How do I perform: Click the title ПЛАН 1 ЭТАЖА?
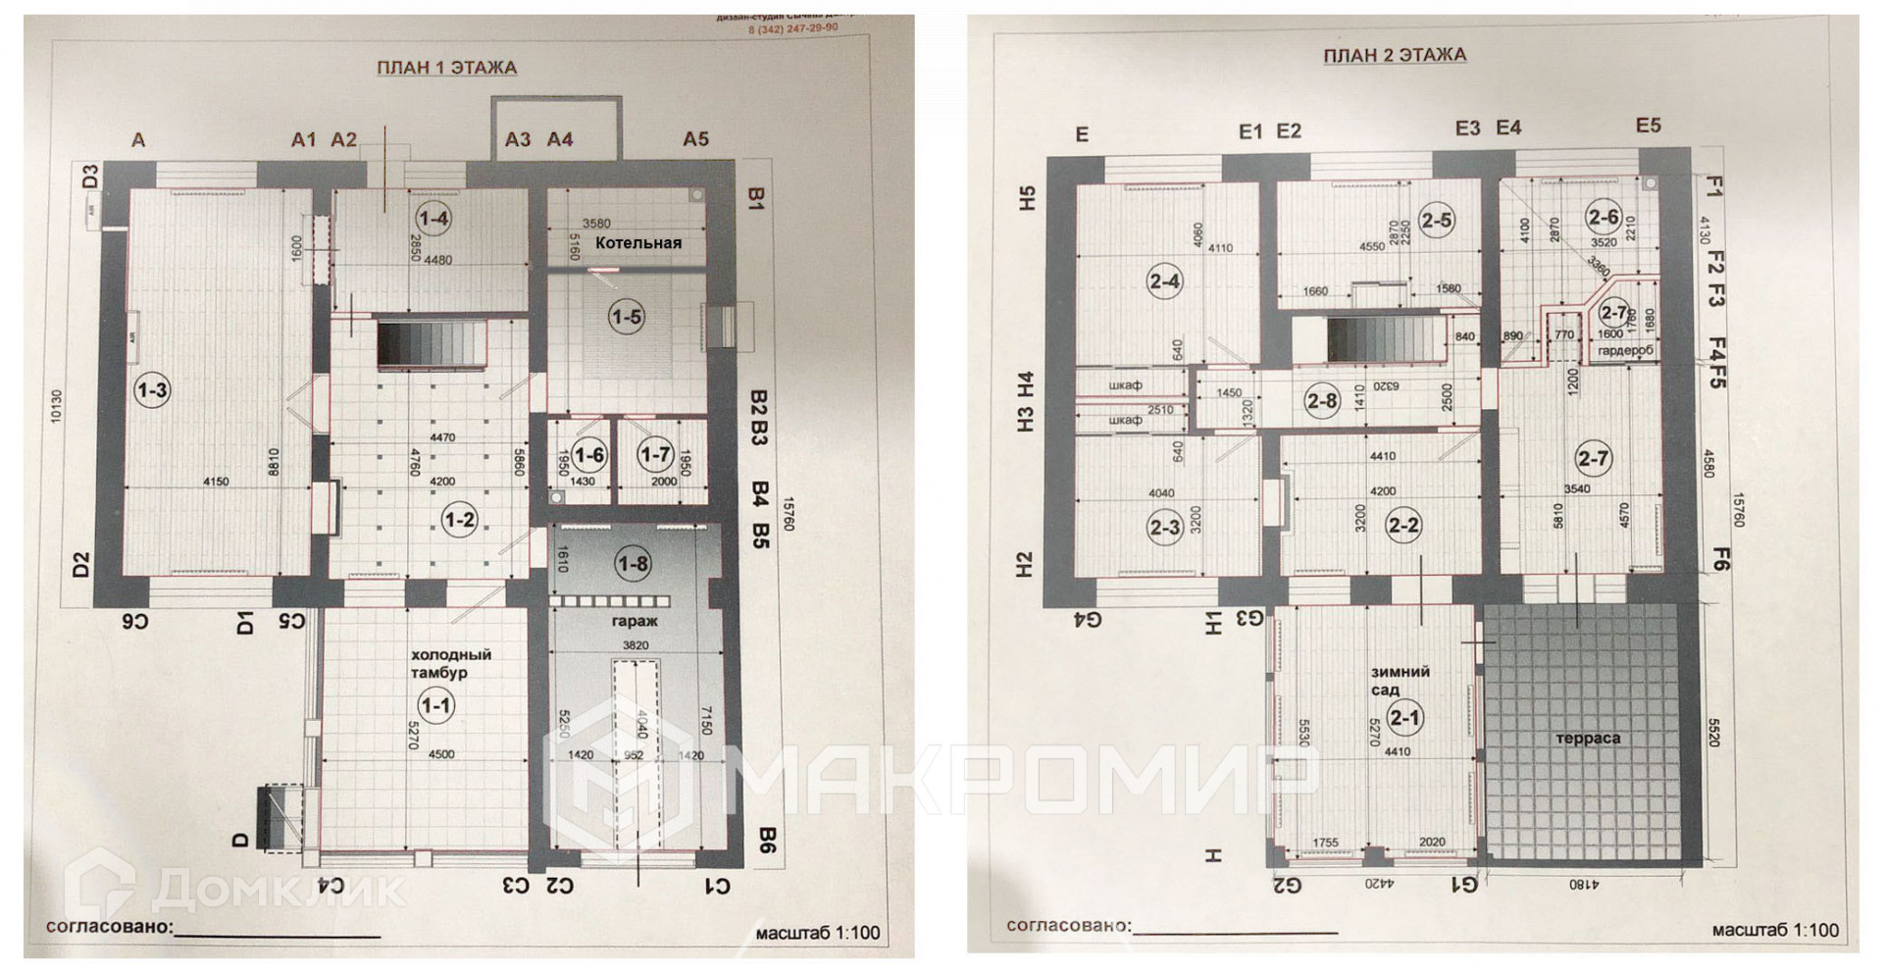pyautogui.click(x=447, y=68)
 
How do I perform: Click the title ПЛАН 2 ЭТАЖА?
pyautogui.click(x=1395, y=55)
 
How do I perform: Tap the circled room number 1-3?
pyautogui.click(x=152, y=391)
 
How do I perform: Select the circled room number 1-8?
pyautogui.click(x=633, y=563)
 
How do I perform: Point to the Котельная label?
pyautogui.click(x=637, y=242)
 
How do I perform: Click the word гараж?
pyautogui.click(x=635, y=621)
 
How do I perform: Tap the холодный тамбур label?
pyautogui.click(x=450, y=663)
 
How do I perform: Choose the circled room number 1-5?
pyautogui.click(x=626, y=317)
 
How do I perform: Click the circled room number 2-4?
pyautogui.click(x=1164, y=282)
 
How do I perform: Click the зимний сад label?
pyautogui.click(x=1400, y=681)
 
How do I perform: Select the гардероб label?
pyautogui.click(x=1625, y=350)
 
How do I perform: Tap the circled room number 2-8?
pyautogui.click(x=1321, y=400)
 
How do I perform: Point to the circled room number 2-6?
pyautogui.click(x=1603, y=217)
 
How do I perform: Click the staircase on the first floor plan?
pyautogui.click(x=432, y=344)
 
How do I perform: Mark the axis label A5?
pyautogui.click(x=695, y=139)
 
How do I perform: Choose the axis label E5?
pyautogui.click(x=1648, y=125)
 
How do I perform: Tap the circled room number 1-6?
pyautogui.click(x=589, y=455)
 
